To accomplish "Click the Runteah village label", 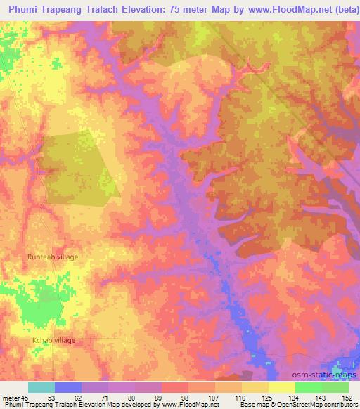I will pyautogui.click(x=53, y=257).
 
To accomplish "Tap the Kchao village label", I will pyautogui.click(x=53, y=341).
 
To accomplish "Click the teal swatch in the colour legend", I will pyautogui.click(x=41, y=387).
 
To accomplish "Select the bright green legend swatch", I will pyautogui.click(x=309, y=387).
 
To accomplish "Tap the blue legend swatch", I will pyautogui.click(x=68, y=387).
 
